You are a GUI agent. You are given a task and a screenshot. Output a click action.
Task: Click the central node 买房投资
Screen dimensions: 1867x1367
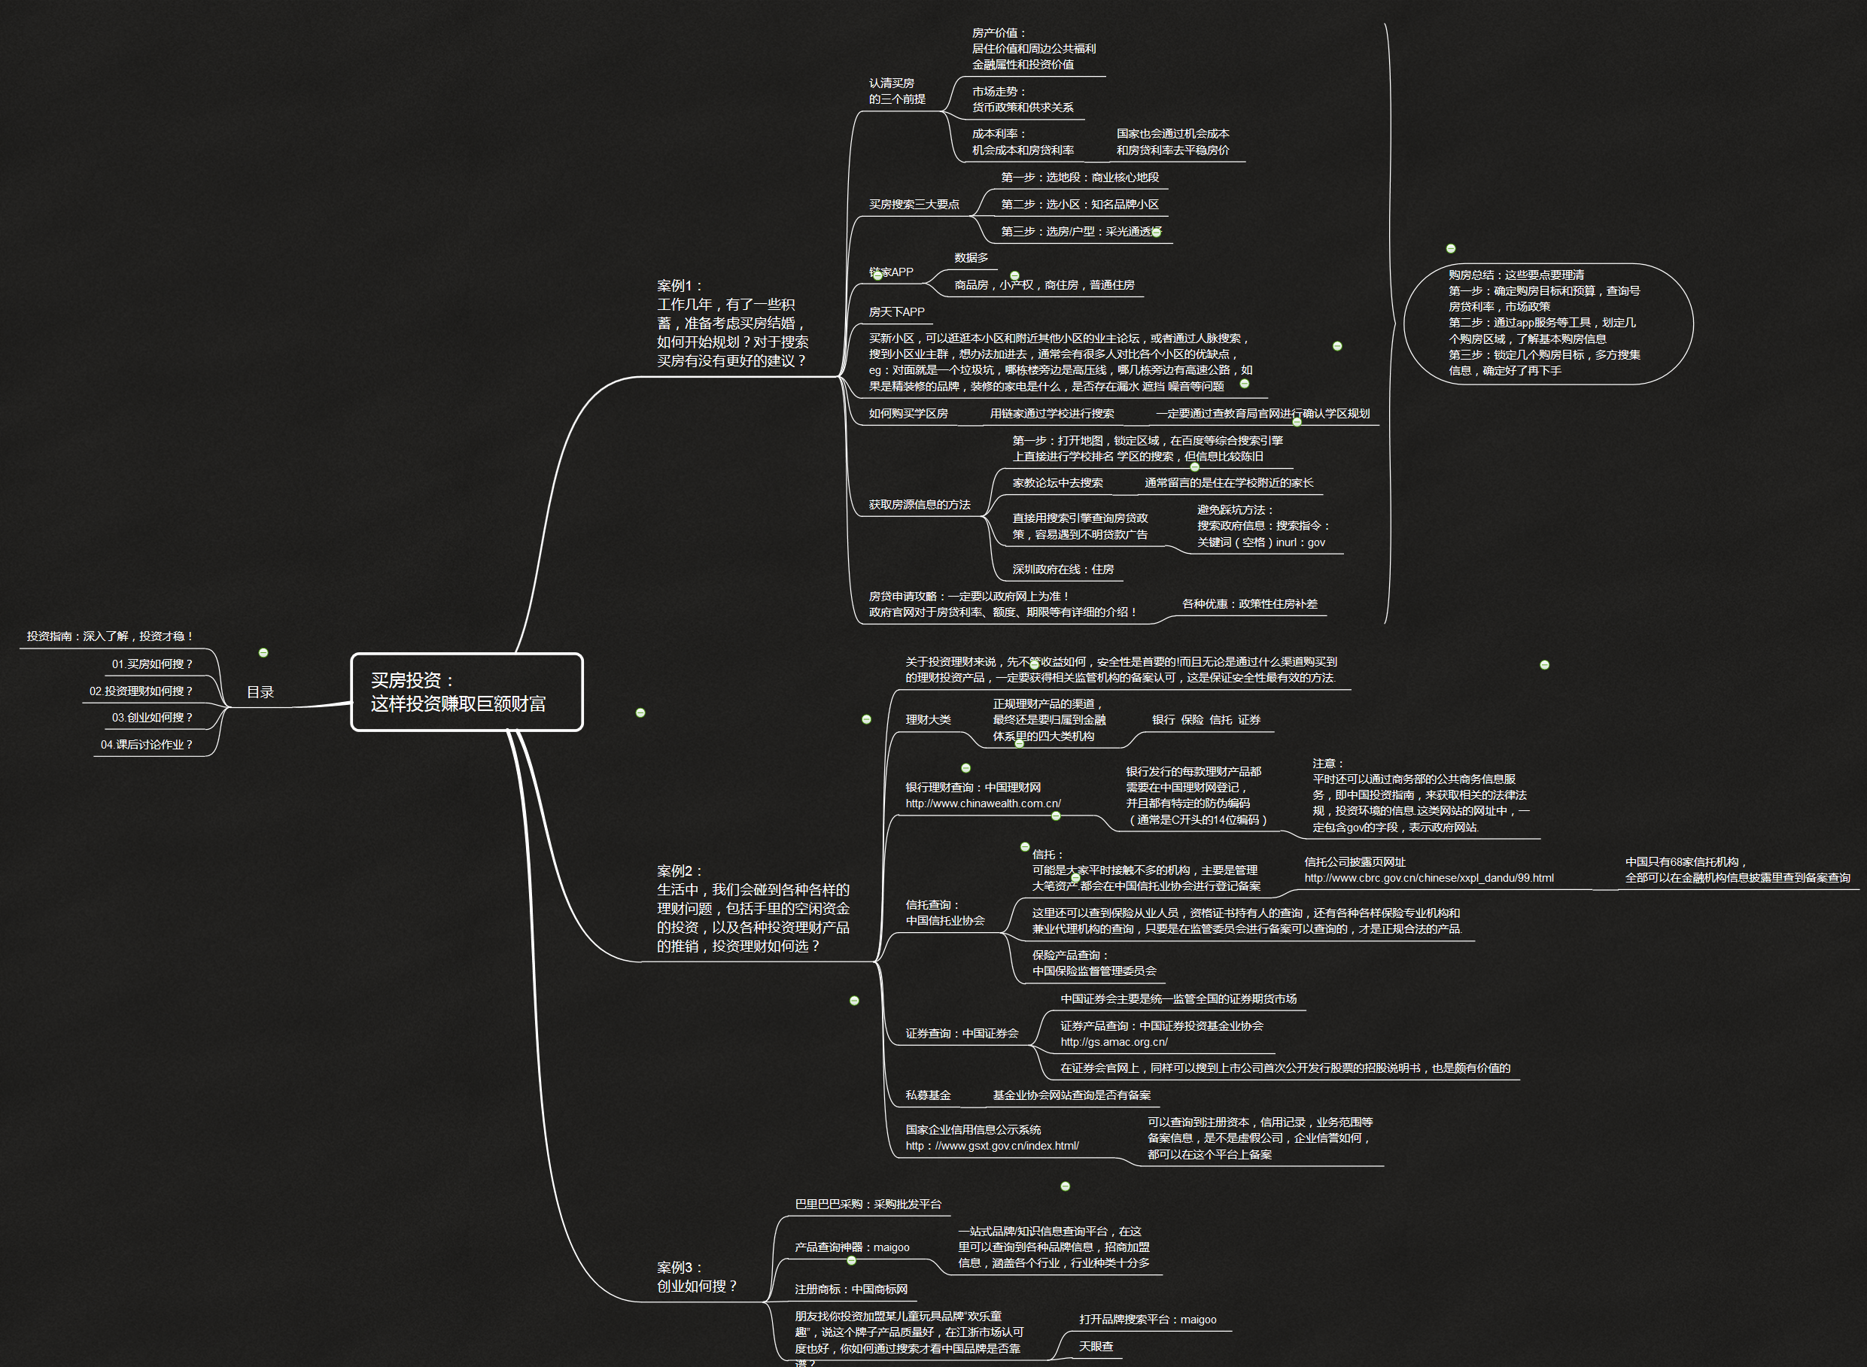pos(467,691)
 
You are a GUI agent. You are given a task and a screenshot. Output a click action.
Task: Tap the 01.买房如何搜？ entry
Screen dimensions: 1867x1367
pos(152,664)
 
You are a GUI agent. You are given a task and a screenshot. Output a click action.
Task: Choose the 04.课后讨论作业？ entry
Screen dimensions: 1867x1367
pos(147,745)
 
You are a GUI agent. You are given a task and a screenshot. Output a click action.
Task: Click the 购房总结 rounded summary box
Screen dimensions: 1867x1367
pos(1548,324)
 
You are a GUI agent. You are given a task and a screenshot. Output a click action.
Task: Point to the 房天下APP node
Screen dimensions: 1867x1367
pos(896,312)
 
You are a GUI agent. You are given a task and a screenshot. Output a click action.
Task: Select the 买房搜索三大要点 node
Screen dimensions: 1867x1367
pos(914,205)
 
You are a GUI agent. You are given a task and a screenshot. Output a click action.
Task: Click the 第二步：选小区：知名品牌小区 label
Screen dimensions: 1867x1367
pos(1079,205)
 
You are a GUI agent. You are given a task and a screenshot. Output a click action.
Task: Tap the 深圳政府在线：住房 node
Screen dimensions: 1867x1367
pos(1063,570)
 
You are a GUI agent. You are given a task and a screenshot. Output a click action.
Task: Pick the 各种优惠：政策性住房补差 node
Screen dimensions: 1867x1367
pos(1250,604)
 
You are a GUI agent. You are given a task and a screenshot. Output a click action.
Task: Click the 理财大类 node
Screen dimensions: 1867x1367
pos(928,720)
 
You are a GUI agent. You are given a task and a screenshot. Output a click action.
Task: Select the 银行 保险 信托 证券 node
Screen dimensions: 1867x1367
pos(1206,720)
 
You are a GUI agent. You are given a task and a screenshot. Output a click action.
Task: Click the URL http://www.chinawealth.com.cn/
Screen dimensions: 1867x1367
pos(982,803)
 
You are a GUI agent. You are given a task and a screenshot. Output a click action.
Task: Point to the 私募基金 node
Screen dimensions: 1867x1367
pos(928,1095)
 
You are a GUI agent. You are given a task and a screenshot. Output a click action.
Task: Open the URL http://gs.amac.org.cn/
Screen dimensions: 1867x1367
pos(1114,1042)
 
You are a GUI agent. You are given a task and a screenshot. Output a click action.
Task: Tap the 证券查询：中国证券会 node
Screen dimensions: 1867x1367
pos(962,1034)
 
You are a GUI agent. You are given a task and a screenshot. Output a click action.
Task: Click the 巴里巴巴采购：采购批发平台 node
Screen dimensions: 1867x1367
pos(868,1204)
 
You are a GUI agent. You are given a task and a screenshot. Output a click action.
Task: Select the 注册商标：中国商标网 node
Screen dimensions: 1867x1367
pos(851,1290)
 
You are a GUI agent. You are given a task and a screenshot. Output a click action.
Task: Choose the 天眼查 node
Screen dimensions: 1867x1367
pos(1096,1347)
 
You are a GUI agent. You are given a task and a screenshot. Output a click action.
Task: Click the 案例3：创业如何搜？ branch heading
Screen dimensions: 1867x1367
pos(697,1277)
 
